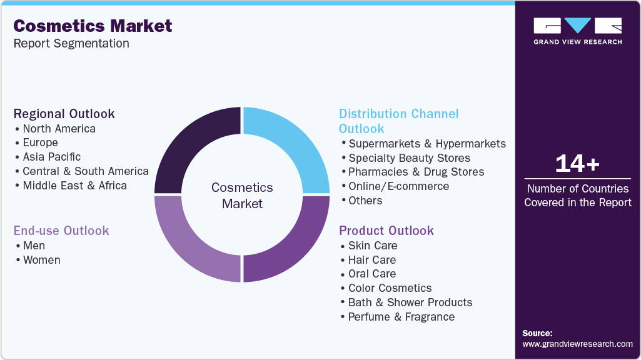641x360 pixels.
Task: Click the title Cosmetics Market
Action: coord(93,26)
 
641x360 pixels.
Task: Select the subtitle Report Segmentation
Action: coord(71,44)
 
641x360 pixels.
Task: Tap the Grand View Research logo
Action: coord(577,31)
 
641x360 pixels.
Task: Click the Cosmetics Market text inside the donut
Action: coord(242,195)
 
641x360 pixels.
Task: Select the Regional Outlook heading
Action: coord(64,114)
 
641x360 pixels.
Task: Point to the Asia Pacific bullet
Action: coord(52,157)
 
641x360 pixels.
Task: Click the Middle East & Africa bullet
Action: coord(74,186)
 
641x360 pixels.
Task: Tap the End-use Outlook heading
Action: coord(61,231)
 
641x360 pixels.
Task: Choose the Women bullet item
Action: coord(41,260)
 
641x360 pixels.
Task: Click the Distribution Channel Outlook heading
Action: coord(398,121)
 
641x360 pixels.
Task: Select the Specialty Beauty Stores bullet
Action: coord(409,158)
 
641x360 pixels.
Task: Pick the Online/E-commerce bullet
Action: coord(398,186)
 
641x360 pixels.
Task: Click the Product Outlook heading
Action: coord(386,231)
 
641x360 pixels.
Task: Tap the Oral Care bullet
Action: coord(372,274)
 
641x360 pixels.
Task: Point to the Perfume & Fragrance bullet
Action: coord(401,317)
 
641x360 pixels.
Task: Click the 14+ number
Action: coord(577,164)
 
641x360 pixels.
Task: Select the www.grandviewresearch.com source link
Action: coord(577,344)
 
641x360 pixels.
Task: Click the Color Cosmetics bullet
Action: coord(390,288)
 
